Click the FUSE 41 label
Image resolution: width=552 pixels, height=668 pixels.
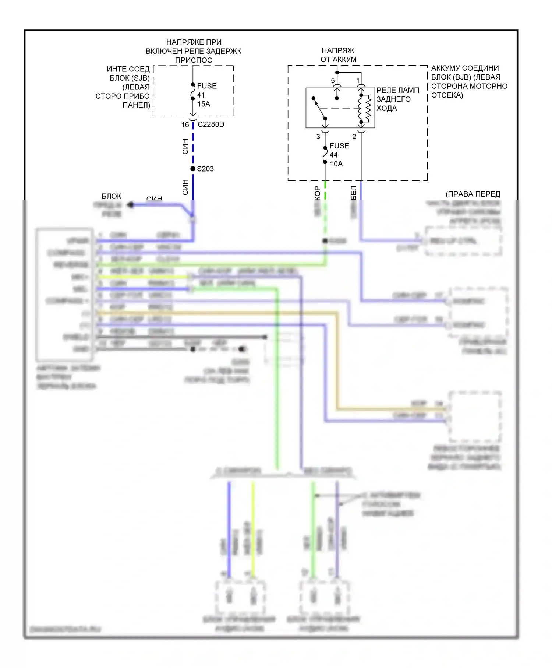(206, 90)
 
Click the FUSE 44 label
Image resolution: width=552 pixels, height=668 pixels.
(339, 150)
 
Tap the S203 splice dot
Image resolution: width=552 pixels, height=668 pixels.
(193, 169)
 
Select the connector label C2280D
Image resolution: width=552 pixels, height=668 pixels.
(211, 124)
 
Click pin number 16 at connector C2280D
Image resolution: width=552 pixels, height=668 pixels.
(185, 125)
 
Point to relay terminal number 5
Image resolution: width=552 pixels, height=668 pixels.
(333, 81)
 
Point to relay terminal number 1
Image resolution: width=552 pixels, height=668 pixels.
(358, 81)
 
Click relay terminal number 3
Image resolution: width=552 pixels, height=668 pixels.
(318, 137)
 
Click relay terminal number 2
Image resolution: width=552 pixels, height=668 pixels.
(354, 137)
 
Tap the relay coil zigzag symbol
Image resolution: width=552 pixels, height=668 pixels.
(367, 109)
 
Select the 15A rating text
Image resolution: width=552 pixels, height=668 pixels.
(204, 104)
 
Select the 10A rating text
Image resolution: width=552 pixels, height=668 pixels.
(336, 164)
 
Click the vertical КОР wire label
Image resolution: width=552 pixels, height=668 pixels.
(317, 193)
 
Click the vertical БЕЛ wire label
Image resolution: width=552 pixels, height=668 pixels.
(353, 193)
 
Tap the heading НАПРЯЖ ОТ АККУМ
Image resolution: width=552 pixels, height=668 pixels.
(338, 55)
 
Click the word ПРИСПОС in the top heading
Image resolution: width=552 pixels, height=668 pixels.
(194, 60)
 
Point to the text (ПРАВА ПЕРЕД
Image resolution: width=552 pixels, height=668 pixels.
(473, 194)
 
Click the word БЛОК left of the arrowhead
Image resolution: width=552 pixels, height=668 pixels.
(112, 196)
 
